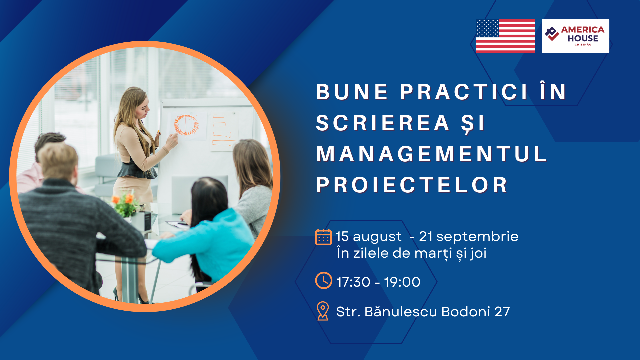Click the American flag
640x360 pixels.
tap(506, 36)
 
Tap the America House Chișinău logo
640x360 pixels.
tap(575, 36)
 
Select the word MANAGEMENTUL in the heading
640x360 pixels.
tap(431, 154)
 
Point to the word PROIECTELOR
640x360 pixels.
tap(412, 185)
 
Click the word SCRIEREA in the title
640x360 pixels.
tap(383, 123)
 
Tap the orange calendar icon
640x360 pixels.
tap(323, 237)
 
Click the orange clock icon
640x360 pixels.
tap(324, 280)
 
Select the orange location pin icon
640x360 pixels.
tap(323, 311)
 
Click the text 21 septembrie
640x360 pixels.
tap(468, 236)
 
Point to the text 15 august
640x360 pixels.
tap(369, 236)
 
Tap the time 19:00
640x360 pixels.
tap(402, 282)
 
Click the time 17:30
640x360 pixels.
tap(353, 282)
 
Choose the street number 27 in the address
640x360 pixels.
tap(502, 312)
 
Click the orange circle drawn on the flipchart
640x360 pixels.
tap(186, 125)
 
